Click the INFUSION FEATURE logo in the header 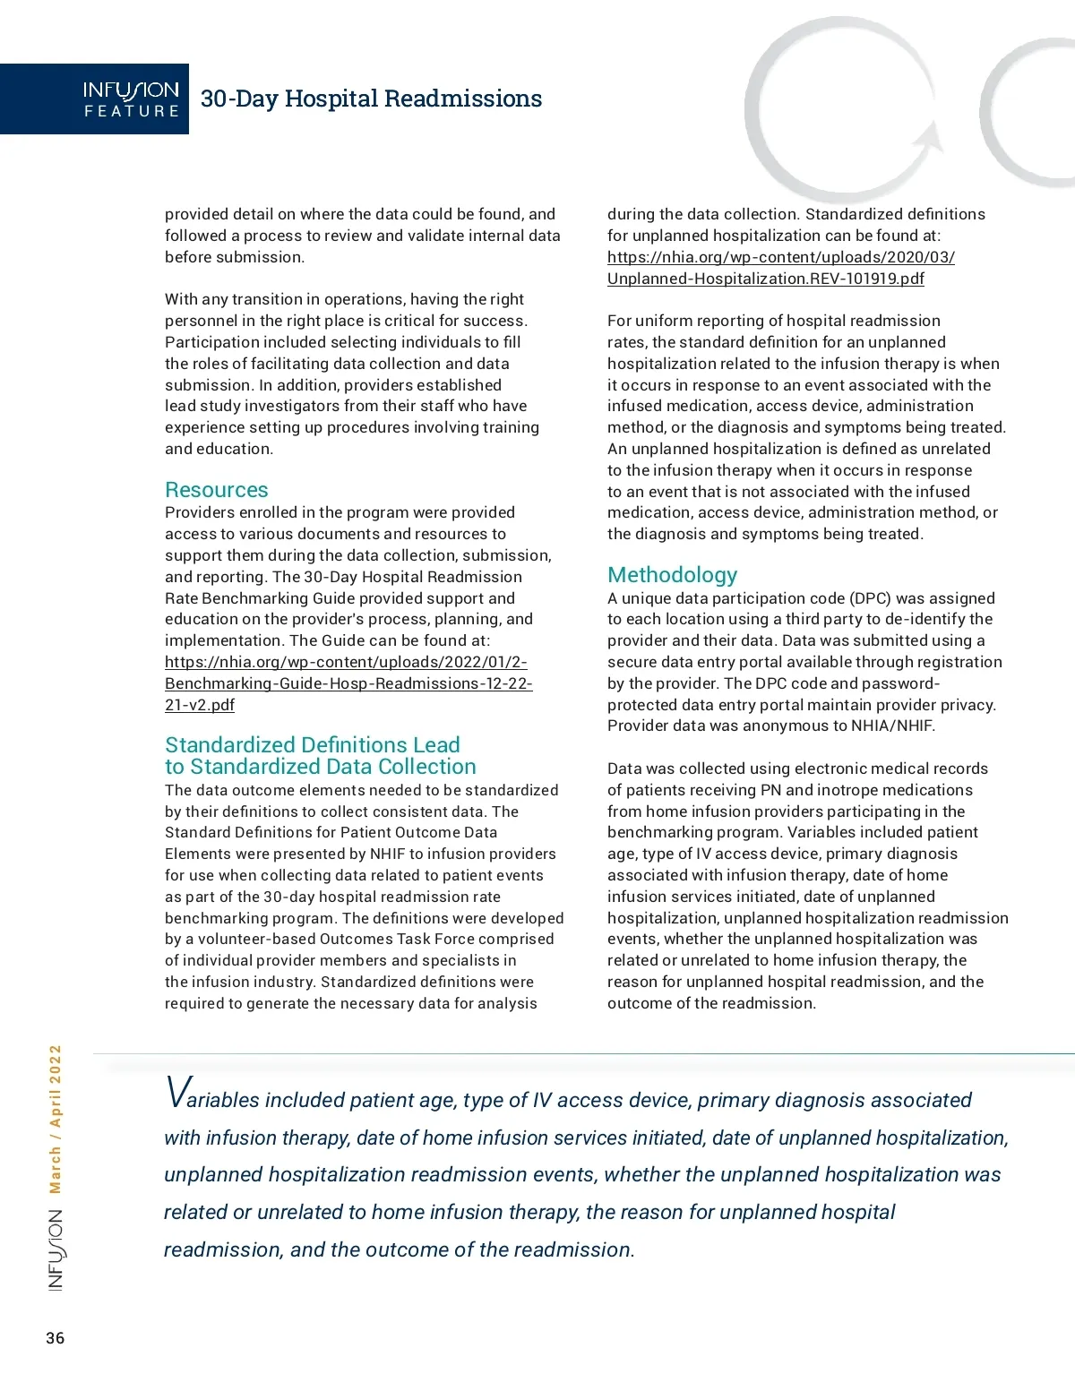(131, 99)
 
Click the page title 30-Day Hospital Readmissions (371, 99)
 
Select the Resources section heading (217, 490)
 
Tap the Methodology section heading (673, 575)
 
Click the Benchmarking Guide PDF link (348, 683)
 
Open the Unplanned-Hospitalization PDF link (780, 268)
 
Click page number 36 (56, 1338)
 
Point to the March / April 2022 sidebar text (56, 1120)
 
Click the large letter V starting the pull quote (176, 1094)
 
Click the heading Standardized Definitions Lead (312, 745)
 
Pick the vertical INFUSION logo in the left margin (56, 1250)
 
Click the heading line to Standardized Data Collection (321, 768)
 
